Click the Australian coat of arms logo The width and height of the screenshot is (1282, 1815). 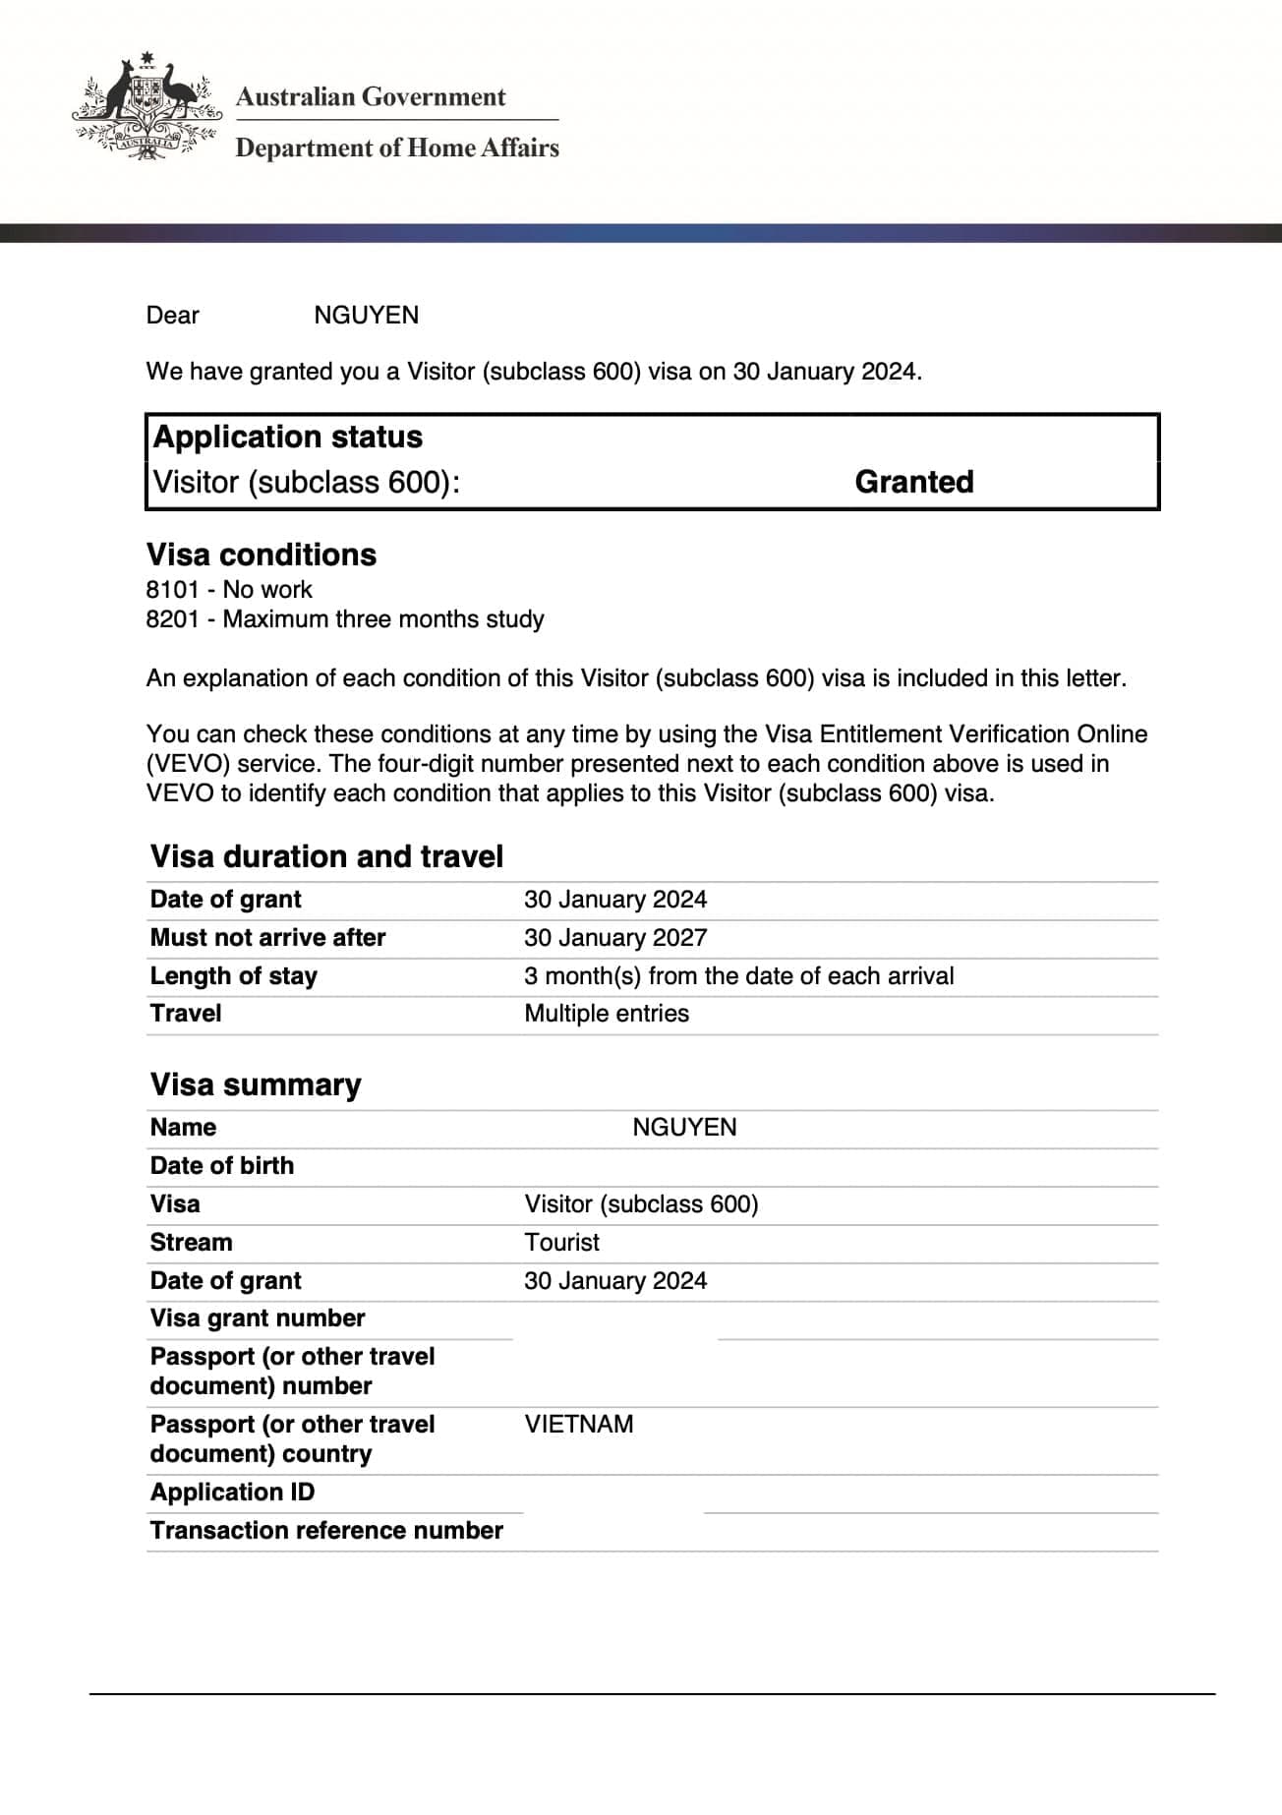pyautogui.click(x=146, y=106)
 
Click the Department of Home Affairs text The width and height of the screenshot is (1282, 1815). pyautogui.click(x=397, y=148)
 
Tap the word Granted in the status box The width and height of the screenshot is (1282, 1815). pyautogui.click(x=913, y=482)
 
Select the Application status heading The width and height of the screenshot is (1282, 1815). pyautogui.click(x=288, y=437)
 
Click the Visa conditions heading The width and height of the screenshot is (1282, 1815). pyautogui.click(x=262, y=555)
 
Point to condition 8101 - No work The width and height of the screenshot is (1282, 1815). pyautogui.click(x=229, y=590)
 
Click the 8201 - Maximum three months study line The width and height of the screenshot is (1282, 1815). pyautogui.click(x=345, y=619)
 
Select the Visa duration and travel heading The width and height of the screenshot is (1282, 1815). pyautogui.click(x=326, y=856)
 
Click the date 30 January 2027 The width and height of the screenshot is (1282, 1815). pyautogui.click(x=615, y=938)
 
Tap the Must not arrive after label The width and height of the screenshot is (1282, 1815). pyautogui.click(x=267, y=938)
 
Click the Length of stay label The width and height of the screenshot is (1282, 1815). pyautogui.click(x=234, y=976)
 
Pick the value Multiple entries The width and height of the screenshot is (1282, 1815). pyautogui.click(x=607, y=1014)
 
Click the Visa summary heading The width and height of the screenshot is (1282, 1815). pyautogui.click(x=256, y=1084)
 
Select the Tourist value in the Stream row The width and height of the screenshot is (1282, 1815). pyautogui.click(x=562, y=1243)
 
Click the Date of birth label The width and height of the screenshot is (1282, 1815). pyautogui.click(x=222, y=1166)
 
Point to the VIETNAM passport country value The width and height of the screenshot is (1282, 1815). pyautogui.click(x=579, y=1425)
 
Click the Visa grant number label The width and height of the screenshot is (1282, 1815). pyautogui.click(x=258, y=1318)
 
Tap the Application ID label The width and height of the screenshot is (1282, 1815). pyautogui.click(x=233, y=1493)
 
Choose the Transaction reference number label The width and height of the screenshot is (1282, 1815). pyautogui.click(x=326, y=1531)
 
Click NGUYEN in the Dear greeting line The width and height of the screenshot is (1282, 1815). pyautogui.click(x=366, y=316)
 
